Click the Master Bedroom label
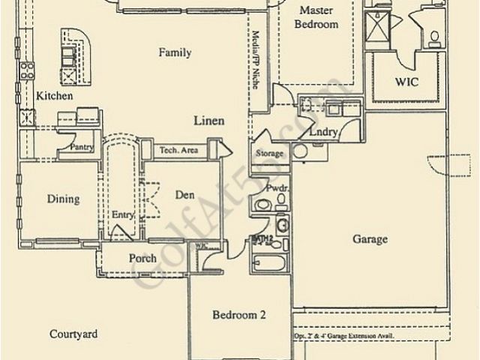319,17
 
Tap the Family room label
175,52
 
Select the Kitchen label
54,96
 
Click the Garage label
370,239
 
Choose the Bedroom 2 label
238,315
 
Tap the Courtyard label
73,334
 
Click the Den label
184,195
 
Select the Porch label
142,259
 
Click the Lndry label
323,133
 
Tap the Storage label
269,154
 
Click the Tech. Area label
178,151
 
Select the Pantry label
81,147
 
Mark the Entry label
122,215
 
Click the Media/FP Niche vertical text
256,60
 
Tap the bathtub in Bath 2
268,264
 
